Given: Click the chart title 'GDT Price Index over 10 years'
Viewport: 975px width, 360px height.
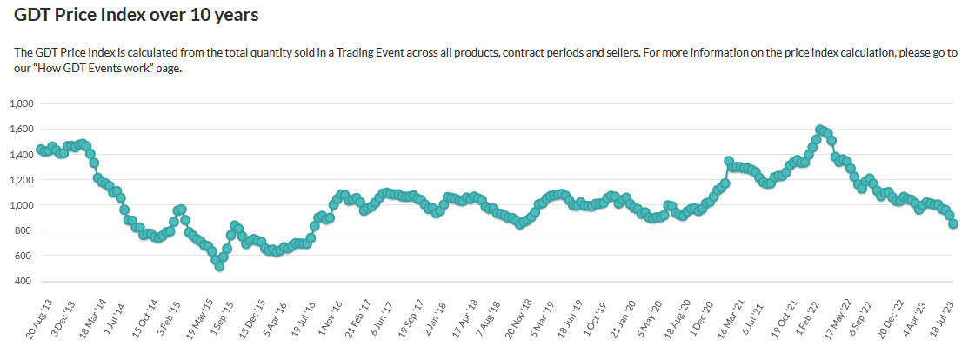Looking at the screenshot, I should (x=136, y=15).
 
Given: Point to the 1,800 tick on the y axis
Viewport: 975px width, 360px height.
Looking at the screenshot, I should (x=20, y=103).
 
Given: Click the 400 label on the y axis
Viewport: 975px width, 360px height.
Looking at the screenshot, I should (x=24, y=282).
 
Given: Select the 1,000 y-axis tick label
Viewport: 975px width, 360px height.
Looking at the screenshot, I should (x=20, y=205).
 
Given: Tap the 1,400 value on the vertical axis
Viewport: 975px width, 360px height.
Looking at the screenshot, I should (x=20, y=154).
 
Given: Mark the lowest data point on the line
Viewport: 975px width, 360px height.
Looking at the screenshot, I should (x=220, y=266).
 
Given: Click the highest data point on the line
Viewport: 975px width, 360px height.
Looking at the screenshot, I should (x=819, y=130).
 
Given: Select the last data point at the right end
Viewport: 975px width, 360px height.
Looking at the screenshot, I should (x=953, y=223).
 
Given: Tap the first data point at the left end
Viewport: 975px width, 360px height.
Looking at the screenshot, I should (x=40, y=150).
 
